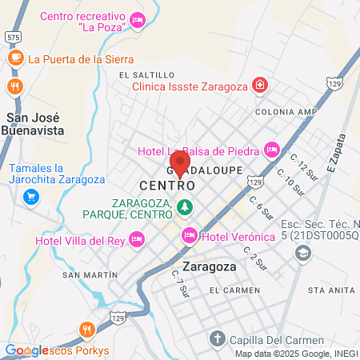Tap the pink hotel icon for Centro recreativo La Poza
pos(138,19)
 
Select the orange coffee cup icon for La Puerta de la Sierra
pos(15,58)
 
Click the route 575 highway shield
pos(12,38)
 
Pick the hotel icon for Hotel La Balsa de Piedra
pos(272,150)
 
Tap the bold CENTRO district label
pos(168,185)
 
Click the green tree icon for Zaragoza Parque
pos(185,207)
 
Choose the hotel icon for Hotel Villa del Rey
pos(137,238)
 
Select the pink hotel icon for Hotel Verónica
pos(190,235)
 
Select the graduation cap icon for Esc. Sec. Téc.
pos(303,254)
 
